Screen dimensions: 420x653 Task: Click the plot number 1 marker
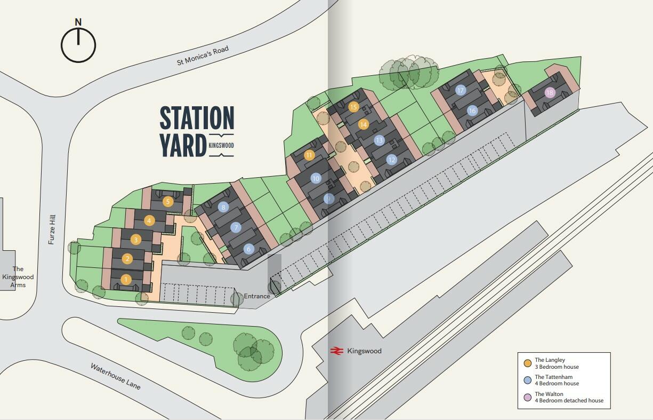coord(126,279)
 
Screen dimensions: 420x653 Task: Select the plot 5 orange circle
coord(168,202)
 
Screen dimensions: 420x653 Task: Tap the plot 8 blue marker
coord(223,207)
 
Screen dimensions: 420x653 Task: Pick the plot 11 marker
coord(310,155)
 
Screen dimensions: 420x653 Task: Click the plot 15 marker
coord(353,107)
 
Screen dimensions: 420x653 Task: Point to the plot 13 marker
coord(379,140)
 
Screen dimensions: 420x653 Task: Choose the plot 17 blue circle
coord(461,91)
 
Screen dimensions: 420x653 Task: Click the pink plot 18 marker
coord(550,93)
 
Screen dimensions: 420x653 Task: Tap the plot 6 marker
coord(248,249)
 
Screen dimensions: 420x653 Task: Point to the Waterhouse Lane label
coord(116,376)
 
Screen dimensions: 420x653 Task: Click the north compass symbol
coord(78,43)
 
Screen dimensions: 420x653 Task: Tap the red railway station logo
coord(336,351)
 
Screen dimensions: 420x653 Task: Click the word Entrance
coord(257,296)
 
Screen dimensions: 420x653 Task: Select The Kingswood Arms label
coord(18,277)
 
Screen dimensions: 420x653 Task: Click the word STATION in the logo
coord(197,119)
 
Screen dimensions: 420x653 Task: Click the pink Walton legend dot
coord(528,397)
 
